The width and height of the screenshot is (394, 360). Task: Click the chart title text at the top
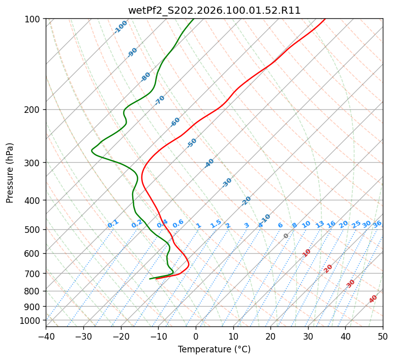point(214,11)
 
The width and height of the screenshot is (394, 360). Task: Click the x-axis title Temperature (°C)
point(214,349)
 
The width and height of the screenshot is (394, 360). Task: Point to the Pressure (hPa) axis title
point(10,172)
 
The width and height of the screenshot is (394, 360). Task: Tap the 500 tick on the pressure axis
point(34,230)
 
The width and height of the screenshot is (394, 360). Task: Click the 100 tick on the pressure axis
point(34,19)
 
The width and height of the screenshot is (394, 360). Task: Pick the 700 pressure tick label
point(34,274)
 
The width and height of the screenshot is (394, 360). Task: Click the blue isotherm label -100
point(120,27)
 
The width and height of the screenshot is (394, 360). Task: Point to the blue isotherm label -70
point(160,100)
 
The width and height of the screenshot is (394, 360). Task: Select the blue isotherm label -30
point(227,183)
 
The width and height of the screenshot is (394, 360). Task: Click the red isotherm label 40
point(373,299)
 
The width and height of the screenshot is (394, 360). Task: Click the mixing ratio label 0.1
point(113,224)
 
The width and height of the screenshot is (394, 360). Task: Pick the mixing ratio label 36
point(377,224)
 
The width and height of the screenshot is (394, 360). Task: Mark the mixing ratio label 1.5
point(216,224)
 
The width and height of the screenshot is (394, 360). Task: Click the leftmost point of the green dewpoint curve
point(92,151)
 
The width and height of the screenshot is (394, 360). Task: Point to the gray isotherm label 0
point(286,236)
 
